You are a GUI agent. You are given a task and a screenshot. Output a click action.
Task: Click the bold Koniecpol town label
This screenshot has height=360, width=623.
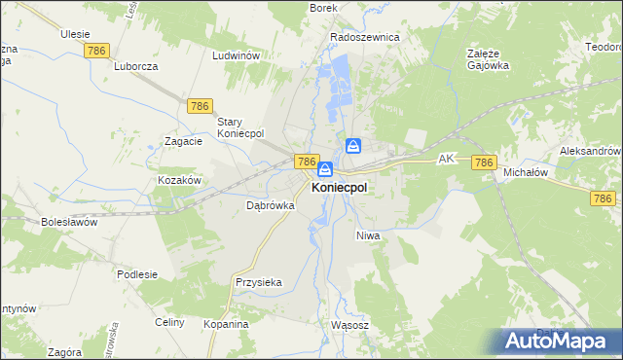339,188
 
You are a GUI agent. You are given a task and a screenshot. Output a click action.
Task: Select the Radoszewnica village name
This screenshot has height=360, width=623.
365,37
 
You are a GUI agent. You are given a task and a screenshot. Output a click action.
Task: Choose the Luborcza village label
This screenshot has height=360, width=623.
135,66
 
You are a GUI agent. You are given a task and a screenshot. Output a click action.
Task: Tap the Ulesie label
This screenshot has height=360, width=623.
75,33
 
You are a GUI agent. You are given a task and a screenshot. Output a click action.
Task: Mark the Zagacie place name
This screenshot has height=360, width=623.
183,140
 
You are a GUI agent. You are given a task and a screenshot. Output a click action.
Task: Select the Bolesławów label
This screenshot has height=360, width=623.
70,222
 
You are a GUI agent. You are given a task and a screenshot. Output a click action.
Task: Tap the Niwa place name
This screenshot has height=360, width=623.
367,235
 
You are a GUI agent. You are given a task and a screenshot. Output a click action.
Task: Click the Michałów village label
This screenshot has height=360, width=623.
527,172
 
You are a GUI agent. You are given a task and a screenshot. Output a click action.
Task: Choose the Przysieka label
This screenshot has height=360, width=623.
258,282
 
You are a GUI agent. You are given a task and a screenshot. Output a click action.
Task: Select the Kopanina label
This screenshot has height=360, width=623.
226,323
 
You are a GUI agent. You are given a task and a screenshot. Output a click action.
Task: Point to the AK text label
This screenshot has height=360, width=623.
447,157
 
